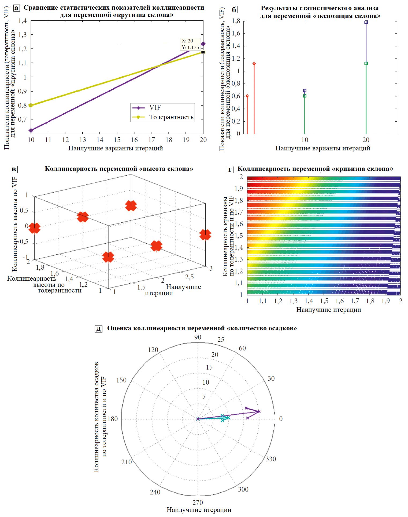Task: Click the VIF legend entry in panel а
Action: pyautogui.click(x=155, y=108)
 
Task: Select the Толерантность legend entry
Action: pyautogui.click(x=171, y=117)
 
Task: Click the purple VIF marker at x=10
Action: pyautogui.click(x=31, y=131)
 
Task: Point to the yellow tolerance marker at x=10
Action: pyautogui.click(x=31, y=105)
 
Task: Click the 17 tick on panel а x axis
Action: pyautogui.click(x=152, y=140)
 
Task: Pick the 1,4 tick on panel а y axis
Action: pyautogui.click(x=23, y=21)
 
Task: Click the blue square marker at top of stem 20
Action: pyautogui.click(x=366, y=22)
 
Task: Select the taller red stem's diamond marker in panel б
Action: pyautogui.click(x=254, y=64)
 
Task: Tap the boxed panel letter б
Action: pyautogui.click(x=234, y=10)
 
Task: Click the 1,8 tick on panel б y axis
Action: pyautogui.click(x=236, y=21)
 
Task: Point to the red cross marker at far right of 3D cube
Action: pyautogui.click(x=205, y=235)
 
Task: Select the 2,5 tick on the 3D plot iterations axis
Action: pyautogui.click(x=189, y=277)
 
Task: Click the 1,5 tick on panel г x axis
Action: pyautogui.click(x=324, y=301)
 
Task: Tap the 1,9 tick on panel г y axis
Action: pyautogui.click(x=239, y=189)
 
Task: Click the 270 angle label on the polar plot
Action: pyautogui.click(x=198, y=502)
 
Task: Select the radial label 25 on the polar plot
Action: pyautogui.click(x=221, y=340)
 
